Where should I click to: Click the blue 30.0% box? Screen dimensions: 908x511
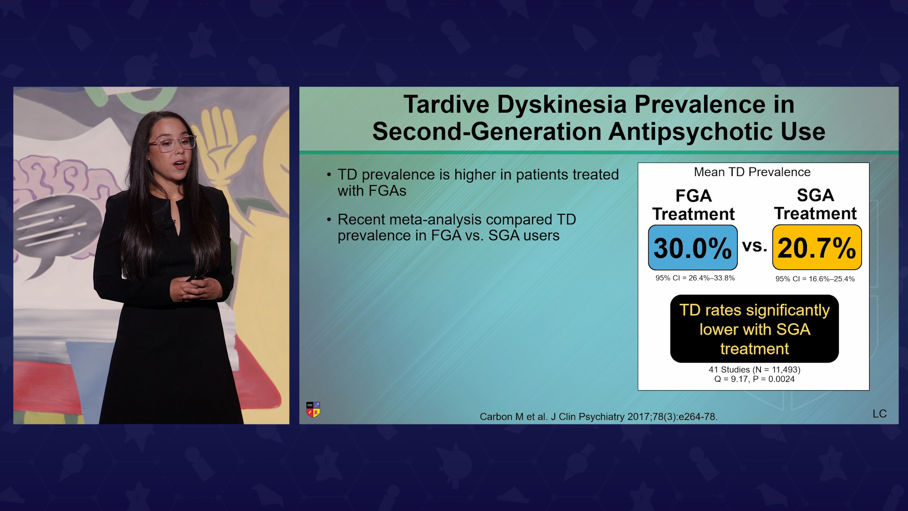(693, 247)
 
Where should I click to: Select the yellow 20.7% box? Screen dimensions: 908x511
(817, 247)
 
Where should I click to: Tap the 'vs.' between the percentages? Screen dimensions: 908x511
(755, 246)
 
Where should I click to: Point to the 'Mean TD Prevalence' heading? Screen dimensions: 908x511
(752, 172)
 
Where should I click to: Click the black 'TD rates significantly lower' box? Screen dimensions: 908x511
(754, 329)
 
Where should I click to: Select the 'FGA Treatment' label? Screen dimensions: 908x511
(693, 205)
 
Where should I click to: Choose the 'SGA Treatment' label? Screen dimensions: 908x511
(815, 204)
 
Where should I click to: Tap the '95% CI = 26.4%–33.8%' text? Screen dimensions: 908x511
(695, 278)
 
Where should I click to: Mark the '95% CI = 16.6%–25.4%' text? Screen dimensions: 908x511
(815, 279)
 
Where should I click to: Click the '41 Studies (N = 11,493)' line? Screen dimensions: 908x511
(754, 370)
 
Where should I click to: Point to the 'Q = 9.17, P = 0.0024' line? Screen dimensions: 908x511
(754, 379)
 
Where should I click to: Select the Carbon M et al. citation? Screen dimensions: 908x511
(599, 417)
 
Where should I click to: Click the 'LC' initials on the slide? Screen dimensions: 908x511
(880, 414)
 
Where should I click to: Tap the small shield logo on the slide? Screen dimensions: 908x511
(313, 410)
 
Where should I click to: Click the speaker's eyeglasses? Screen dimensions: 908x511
(172, 143)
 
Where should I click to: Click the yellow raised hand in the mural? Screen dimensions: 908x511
(222, 142)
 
